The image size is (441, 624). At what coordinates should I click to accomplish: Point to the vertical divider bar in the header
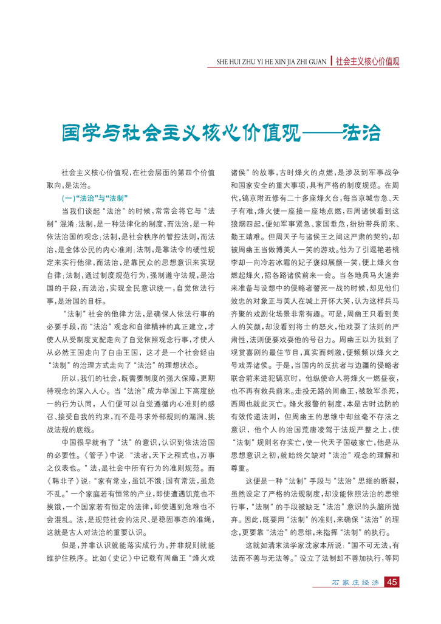331,61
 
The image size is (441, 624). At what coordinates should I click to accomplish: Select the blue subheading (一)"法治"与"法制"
94,199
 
